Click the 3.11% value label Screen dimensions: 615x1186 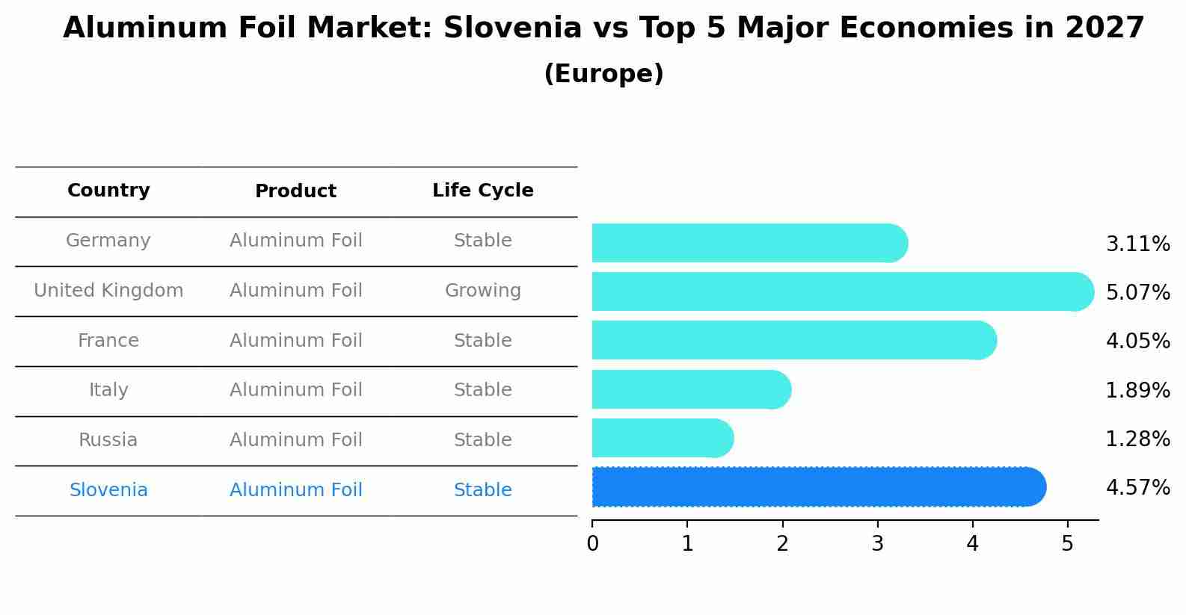[1137, 244]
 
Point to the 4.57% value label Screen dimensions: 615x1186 [1137, 488]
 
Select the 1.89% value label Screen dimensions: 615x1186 [1137, 390]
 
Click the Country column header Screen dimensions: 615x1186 [108, 191]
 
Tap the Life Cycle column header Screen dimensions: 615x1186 [482, 191]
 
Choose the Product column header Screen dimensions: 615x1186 [295, 191]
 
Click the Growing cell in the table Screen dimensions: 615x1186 [482, 291]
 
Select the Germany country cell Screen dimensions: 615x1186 [108, 241]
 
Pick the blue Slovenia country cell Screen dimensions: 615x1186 [108, 490]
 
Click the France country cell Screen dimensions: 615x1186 [108, 341]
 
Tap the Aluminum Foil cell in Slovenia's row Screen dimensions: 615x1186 [295, 490]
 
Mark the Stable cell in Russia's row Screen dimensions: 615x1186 [482, 440]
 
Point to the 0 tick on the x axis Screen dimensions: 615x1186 [592, 543]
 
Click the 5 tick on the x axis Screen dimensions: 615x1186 [1067, 543]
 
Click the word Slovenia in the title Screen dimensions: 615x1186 [512, 28]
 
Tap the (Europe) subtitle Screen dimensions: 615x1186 [603, 74]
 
